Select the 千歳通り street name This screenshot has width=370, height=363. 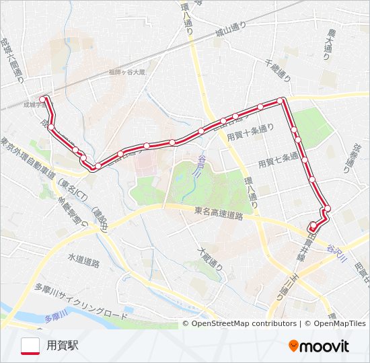pos(278,69)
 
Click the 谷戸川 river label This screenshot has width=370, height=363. pos(198,165)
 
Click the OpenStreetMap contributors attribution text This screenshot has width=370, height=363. pos(244,323)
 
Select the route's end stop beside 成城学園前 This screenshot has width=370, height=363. pos(44,99)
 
